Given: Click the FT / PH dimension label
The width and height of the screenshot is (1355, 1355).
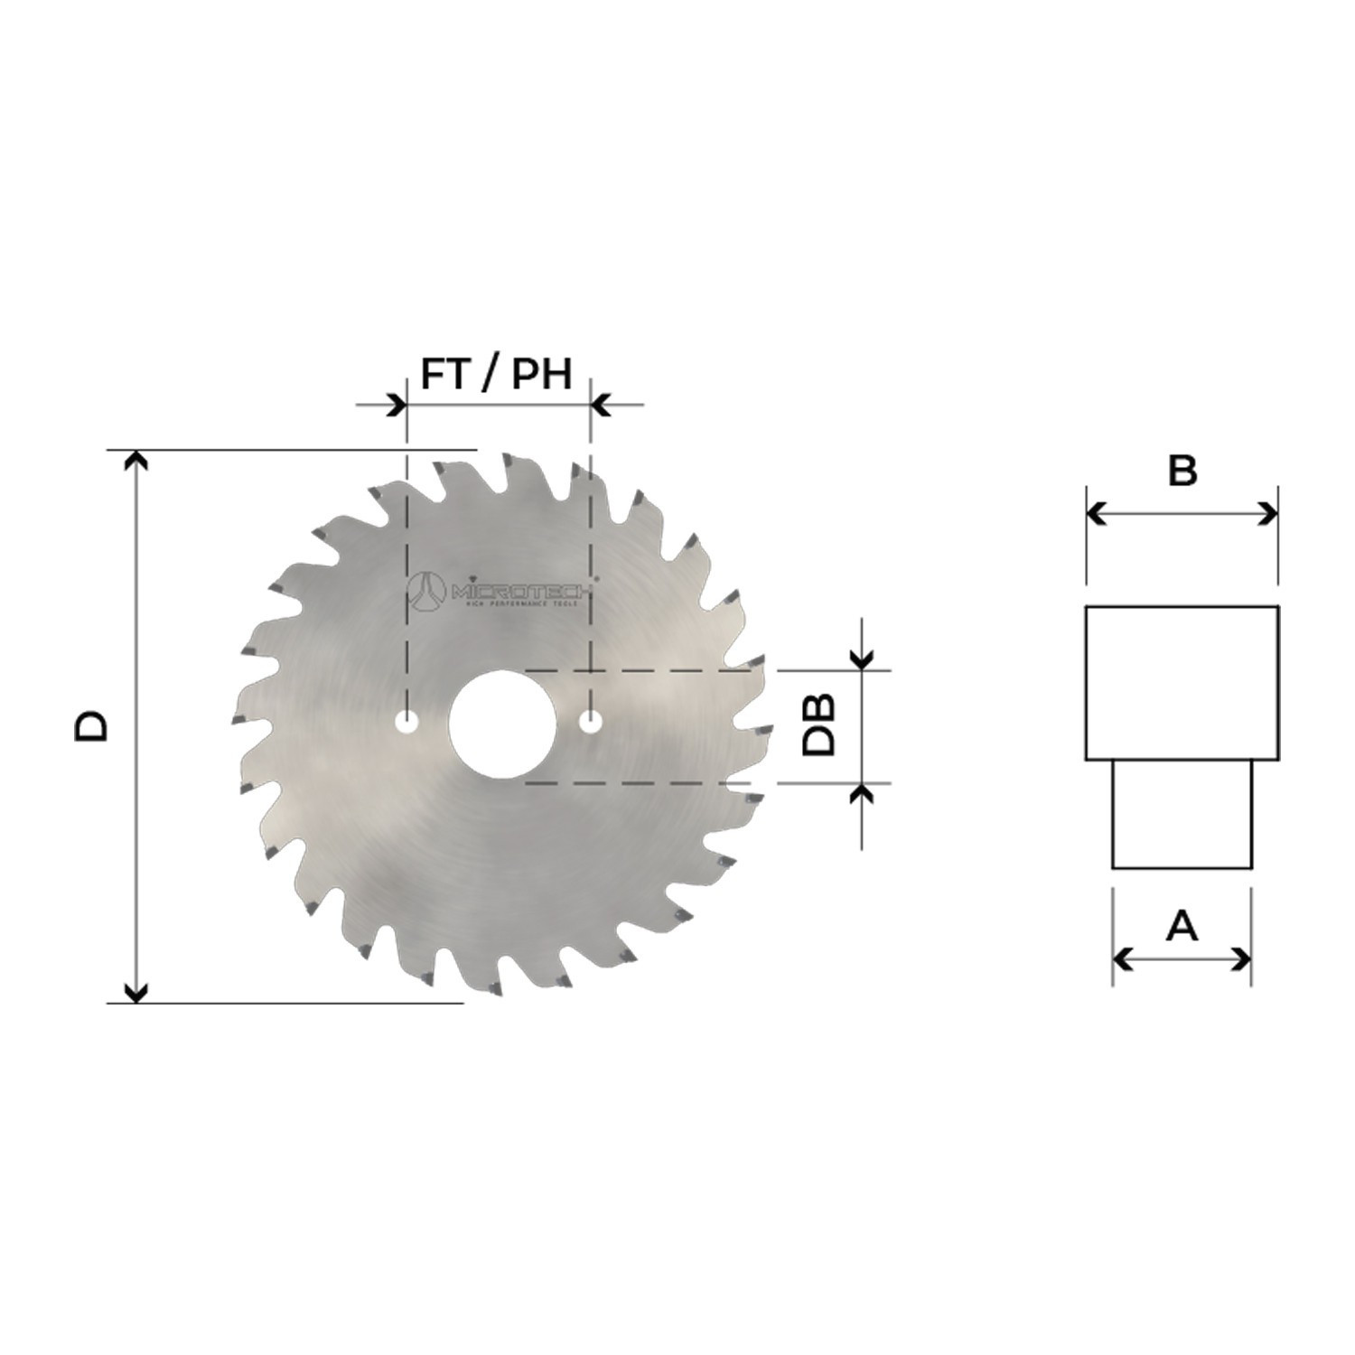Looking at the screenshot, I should click(496, 373).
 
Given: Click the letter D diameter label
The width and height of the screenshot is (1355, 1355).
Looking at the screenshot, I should click(91, 725).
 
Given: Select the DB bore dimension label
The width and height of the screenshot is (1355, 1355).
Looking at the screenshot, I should click(819, 725).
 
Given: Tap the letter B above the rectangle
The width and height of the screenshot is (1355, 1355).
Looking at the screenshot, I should click(1182, 471).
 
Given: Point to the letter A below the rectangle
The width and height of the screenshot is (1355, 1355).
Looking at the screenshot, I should click(1182, 926).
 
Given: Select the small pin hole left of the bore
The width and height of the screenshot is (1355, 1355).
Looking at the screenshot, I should click(407, 723).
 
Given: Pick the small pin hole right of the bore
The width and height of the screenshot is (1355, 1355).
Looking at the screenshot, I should click(591, 723).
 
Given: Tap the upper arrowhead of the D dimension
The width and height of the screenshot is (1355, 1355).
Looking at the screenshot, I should click(135, 461).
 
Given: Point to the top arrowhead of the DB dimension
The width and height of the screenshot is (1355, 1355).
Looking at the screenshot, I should click(864, 660).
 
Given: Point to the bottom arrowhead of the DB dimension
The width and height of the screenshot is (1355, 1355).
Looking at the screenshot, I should click(864, 793).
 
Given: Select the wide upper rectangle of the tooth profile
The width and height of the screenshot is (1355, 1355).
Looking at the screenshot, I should click(1182, 682).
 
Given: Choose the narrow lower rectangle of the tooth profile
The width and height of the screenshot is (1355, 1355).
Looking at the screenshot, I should click(1182, 813).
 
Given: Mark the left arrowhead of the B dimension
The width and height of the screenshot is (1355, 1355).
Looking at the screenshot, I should click(1096, 515).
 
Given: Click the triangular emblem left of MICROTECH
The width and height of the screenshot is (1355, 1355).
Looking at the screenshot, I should click(429, 592).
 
